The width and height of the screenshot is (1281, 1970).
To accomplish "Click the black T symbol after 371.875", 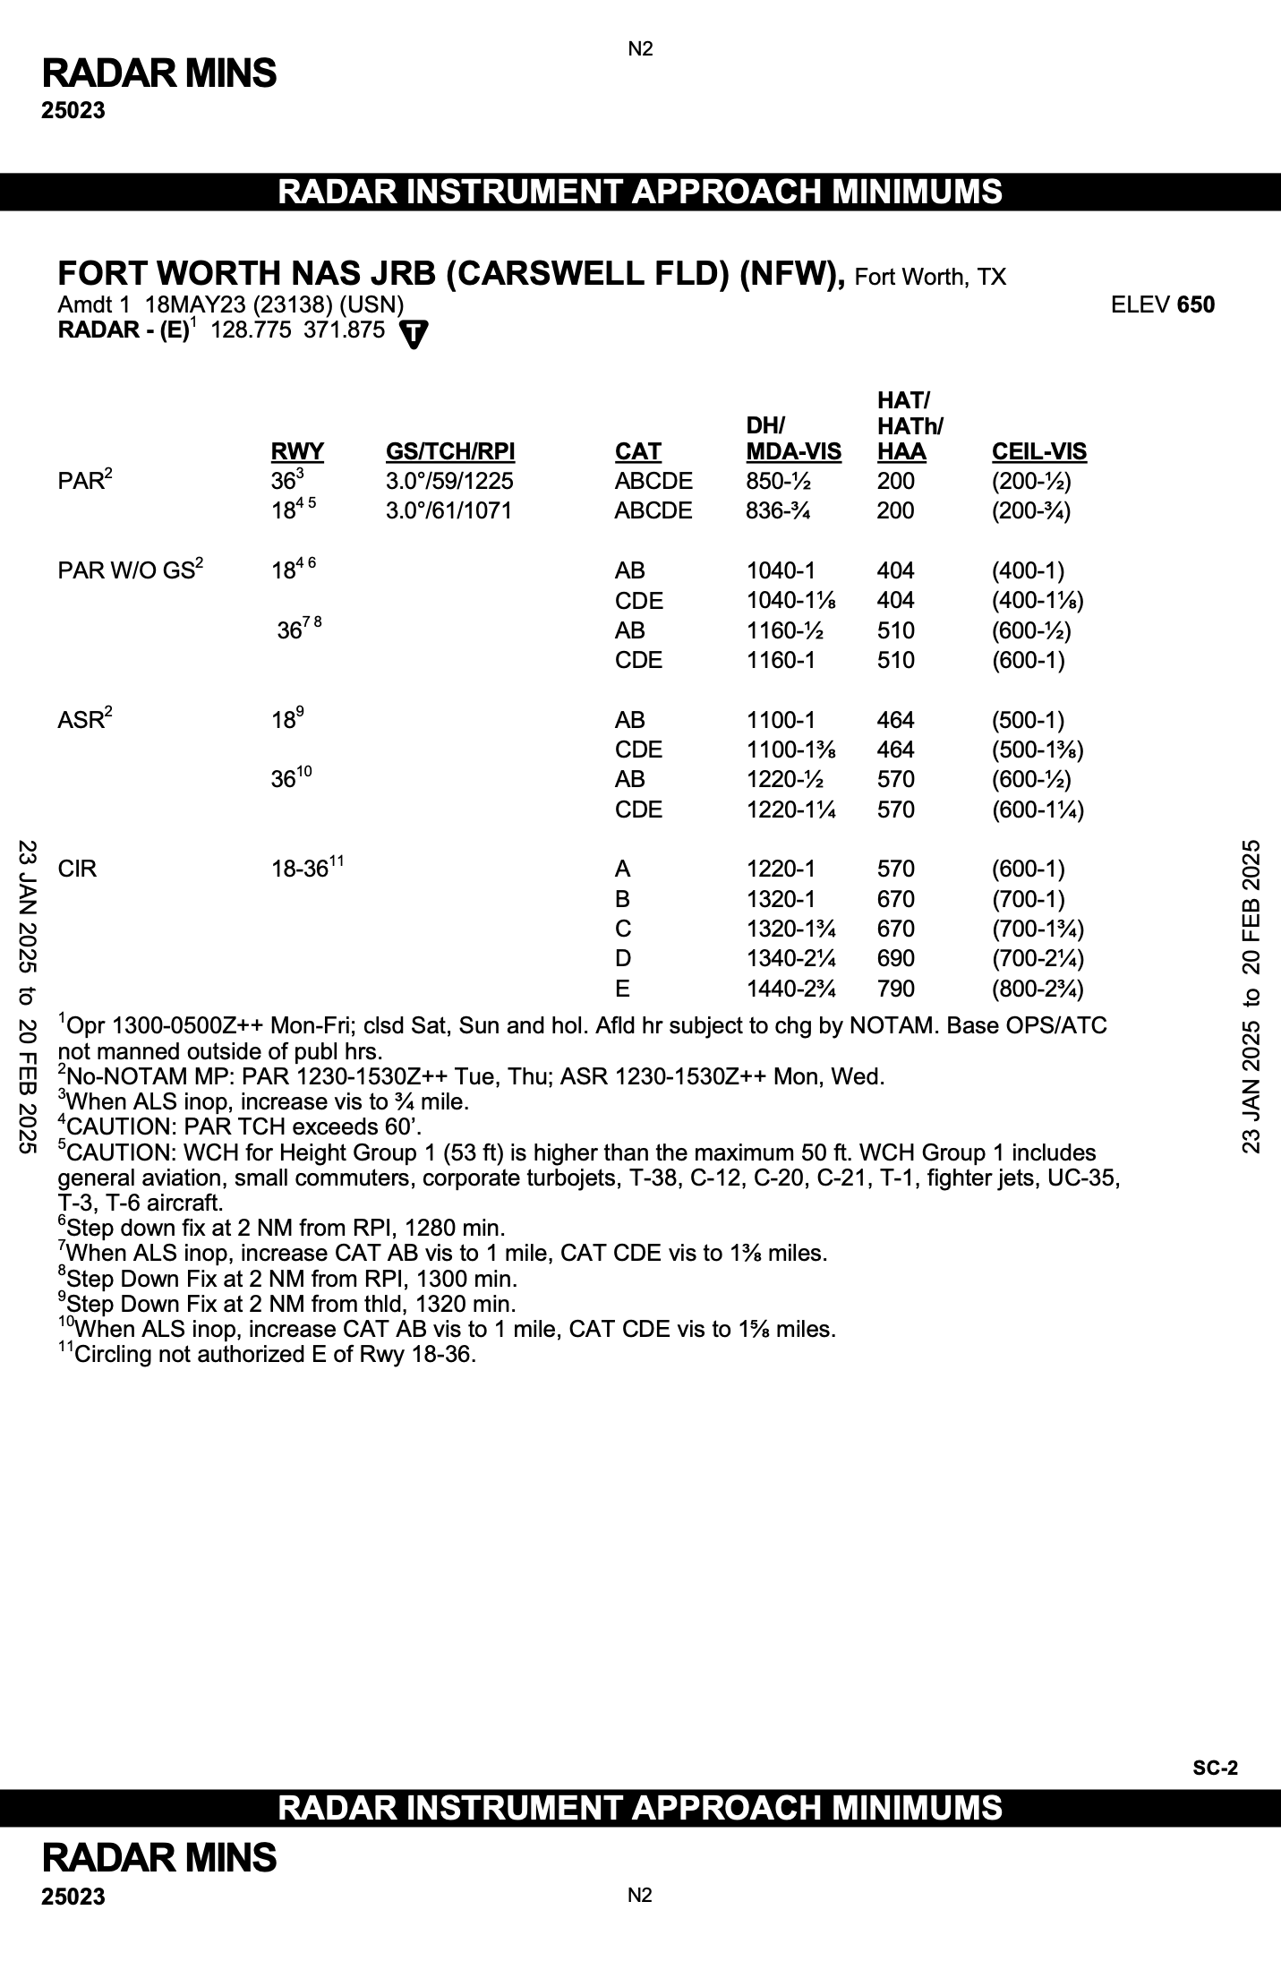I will click(414, 333).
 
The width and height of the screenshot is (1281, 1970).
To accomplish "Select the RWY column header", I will click(297, 451).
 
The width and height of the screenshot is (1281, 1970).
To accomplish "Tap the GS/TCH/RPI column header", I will click(450, 451).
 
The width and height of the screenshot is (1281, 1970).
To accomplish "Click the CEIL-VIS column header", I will click(1038, 451).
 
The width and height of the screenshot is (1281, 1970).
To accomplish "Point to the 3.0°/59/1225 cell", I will click(449, 481).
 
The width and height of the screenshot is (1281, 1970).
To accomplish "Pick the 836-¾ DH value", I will click(778, 510).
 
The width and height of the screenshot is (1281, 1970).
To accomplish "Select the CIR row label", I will click(77, 869).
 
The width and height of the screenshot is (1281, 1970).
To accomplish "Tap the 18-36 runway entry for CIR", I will click(300, 869).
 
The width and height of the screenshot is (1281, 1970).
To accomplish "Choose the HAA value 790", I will click(895, 989).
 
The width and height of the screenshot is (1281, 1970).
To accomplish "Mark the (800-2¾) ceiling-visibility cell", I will click(1038, 989).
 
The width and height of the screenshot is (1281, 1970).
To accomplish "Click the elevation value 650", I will click(1196, 304).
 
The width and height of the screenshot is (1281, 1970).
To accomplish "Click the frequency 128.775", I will click(251, 330).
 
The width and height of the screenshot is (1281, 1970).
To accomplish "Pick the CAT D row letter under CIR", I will click(622, 958).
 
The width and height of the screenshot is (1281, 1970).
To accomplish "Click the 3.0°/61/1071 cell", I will click(449, 510).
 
